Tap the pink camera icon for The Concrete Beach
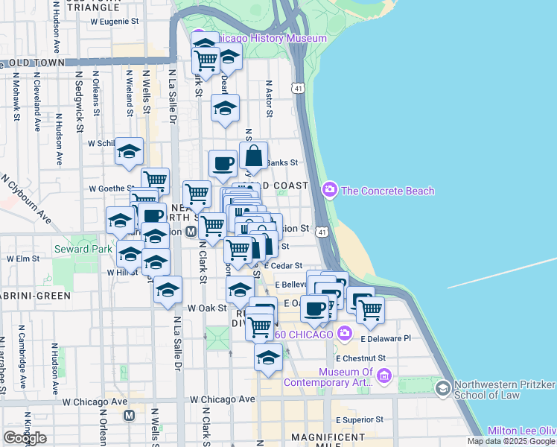[x=329, y=191]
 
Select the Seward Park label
[x=83, y=249]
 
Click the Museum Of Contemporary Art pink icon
[x=384, y=376]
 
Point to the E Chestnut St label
[x=360, y=358]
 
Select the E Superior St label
[x=359, y=419]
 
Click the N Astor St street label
[x=270, y=99]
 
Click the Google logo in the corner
[x=25, y=438]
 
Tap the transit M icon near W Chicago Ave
[x=129, y=415]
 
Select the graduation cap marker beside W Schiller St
[x=129, y=152]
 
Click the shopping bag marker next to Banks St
[x=254, y=156]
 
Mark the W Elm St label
[x=23, y=259]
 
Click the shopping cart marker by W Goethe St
[x=155, y=180]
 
